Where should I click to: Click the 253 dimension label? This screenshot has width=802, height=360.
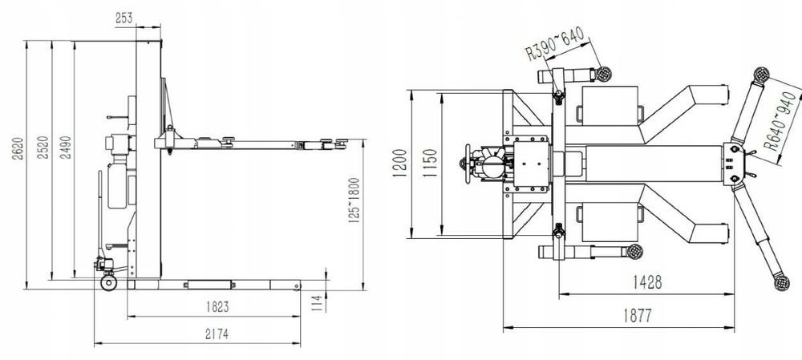point(124,18)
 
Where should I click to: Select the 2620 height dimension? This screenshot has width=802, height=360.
point(18,148)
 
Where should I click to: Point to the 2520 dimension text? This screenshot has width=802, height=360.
point(43,148)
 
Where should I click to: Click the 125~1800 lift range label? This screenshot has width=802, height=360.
point(354,200)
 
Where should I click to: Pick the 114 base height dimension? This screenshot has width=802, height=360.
point(318,303)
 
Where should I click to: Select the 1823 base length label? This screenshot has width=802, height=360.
point(217,307)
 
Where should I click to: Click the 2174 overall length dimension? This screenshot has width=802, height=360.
point(217,334)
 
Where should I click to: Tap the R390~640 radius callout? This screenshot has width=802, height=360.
point(555,43)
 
